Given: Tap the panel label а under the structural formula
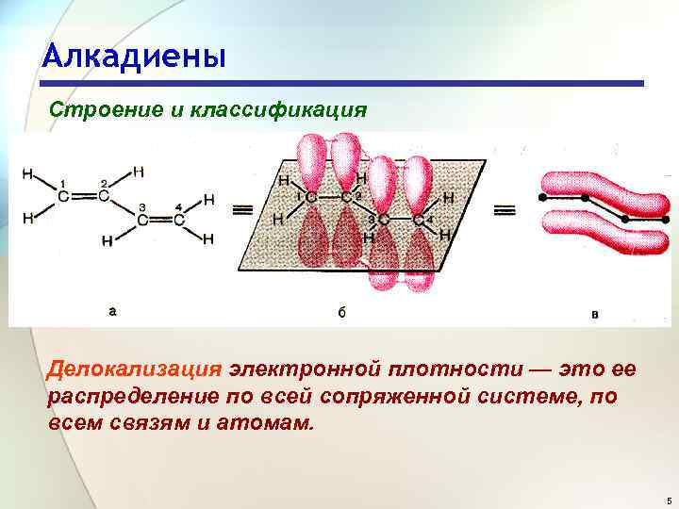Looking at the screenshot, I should [113, 308].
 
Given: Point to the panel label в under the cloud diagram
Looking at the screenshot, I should [594, 312].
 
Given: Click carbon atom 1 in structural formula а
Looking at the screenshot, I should [63, 196].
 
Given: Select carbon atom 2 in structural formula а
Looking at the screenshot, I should [104, 196].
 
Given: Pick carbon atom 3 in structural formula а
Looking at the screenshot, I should [141, 221].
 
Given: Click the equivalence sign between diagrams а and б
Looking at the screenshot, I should [242, 208].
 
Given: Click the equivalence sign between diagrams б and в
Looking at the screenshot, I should [505, 208].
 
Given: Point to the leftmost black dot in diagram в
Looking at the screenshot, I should [541, 198].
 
